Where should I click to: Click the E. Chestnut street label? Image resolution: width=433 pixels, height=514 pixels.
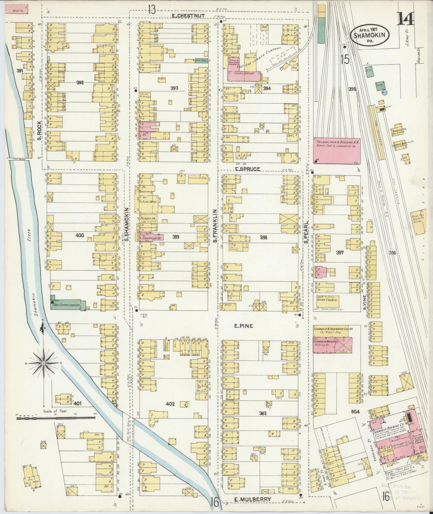(x=184, y=16)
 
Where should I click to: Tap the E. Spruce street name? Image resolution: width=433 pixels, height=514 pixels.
(x=248, y=169)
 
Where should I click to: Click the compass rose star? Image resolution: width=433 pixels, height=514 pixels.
(x=44, y=363)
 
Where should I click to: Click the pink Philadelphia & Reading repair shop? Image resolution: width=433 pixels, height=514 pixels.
(x=337, y=151)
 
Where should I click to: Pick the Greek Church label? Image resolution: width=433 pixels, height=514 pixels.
(x=327, y=299)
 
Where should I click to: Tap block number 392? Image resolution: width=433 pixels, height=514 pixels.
(x=80, y=82)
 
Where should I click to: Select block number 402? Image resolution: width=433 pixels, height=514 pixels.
(x=170, y=404)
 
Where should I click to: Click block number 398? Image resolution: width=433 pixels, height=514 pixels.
(x=263, y=238)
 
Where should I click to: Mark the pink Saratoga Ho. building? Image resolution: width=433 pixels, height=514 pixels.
(x=150, y=237)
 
